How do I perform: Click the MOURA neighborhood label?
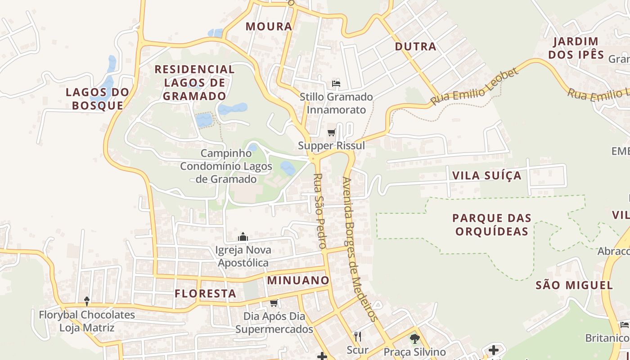[x=269, y=27]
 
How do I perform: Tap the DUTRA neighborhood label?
[x=415, y=46]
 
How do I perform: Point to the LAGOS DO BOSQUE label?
[x=97, y=99]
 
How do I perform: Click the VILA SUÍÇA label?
[x=486, y=175]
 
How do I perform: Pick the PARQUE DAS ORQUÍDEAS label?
[x=491, y=225]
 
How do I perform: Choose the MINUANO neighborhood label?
[x=298, y=280]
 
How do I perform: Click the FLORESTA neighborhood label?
[x=205, y=294]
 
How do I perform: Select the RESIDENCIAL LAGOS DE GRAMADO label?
[x=194, y=83]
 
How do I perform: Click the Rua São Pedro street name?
[x=319, y=211]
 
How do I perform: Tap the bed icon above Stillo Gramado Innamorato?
[x=336, y=83]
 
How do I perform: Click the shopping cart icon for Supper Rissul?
[x=332, y=132]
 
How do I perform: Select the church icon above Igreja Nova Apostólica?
[x=243, y=237]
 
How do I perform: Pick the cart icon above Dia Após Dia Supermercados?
[x=274, y=303]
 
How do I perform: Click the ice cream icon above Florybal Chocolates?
[x=87, y=301]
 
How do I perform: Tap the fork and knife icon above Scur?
[x=358, y=336]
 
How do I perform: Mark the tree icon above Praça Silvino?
[x=414, y=338]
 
